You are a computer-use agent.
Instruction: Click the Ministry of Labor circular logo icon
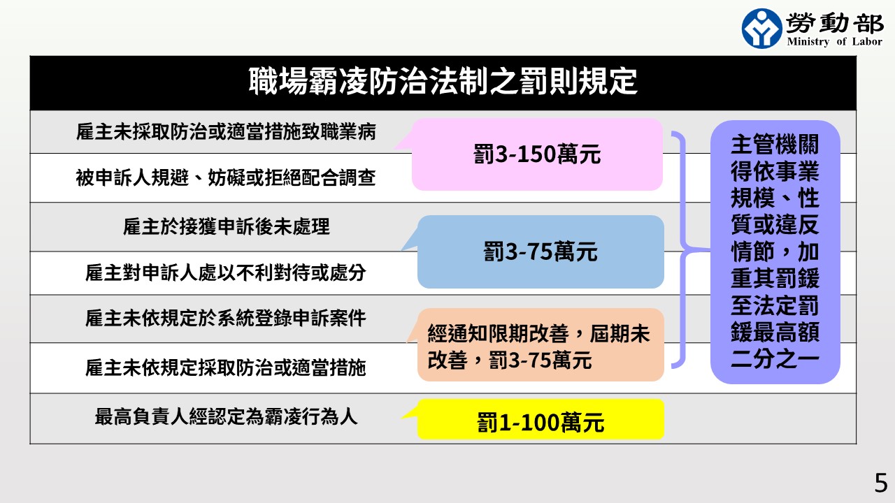point(761,28)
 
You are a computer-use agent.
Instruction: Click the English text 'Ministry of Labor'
point(834,42)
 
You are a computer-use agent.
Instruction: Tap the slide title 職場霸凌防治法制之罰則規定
point(443,82)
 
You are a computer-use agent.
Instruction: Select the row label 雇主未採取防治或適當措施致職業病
point(226,132)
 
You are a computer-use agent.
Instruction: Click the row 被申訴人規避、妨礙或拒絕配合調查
point(226,178)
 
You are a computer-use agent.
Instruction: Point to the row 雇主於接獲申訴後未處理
point(226,227)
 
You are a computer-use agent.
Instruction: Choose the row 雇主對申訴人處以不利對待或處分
point(226,272)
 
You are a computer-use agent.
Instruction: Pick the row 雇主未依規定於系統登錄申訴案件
point(226,319)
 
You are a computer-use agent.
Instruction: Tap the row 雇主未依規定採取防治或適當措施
point(226,367)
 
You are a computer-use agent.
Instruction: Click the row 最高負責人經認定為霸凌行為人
point(226,417)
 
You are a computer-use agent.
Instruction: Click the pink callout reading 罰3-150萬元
point(537,154)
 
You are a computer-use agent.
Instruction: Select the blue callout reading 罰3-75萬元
point(540,251)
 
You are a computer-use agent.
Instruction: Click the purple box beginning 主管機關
point(775,251)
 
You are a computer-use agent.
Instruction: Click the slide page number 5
point(880,483)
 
